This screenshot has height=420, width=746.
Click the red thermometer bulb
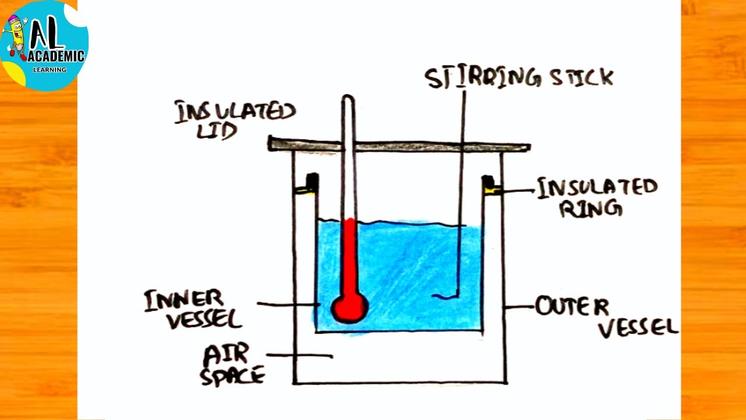click(x=350, y=307)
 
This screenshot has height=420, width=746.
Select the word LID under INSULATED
click(x=217, y=131)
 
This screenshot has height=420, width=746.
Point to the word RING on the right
click(x=590, y=207)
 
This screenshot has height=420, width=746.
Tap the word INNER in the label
click(x=184, y=300)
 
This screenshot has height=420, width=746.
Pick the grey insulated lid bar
click(x=399, y=145)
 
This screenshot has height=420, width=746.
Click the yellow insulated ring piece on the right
click(x=493, y=189)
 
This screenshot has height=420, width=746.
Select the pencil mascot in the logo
click(x=16, y=36)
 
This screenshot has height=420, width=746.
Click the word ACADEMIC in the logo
click(x=57, y=56)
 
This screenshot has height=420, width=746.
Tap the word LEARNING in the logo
click(x=50, y=69)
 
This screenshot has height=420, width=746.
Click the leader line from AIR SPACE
click(x=300, y=355)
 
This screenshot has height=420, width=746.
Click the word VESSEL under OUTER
click(x=638, y=328)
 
